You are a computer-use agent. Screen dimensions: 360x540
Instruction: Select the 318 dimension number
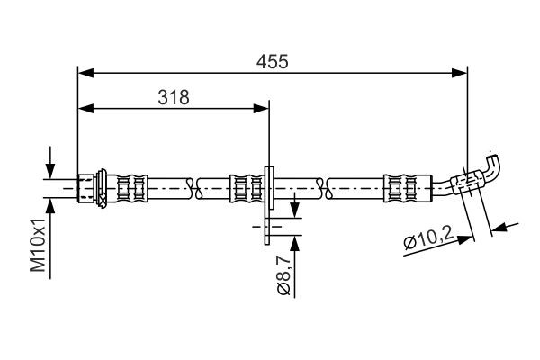point(175,98)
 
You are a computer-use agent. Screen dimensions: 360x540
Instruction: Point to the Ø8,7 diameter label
point(283,275)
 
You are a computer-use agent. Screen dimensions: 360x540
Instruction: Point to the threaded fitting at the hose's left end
point(88,186)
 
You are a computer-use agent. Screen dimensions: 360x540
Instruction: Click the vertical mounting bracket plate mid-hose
point(268,202)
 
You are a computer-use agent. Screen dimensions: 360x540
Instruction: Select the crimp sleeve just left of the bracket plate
point(244,186)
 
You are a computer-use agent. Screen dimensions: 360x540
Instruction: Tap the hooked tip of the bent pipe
point(494,162)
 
